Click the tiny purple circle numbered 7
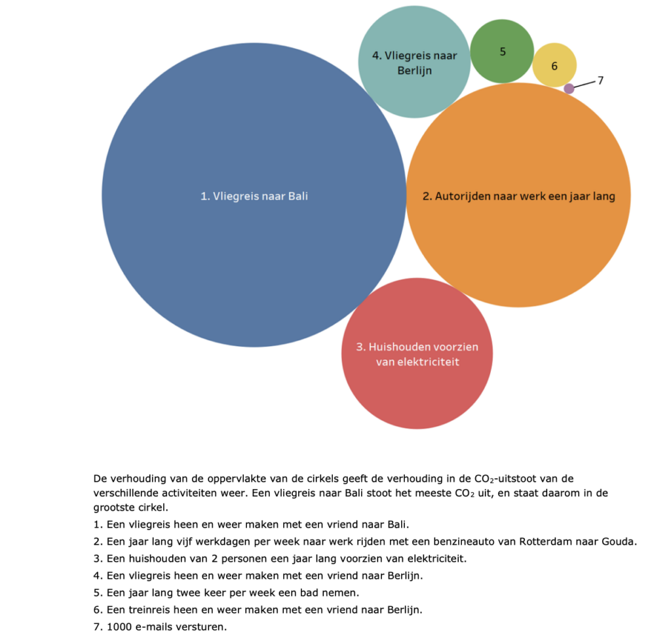[569, 88]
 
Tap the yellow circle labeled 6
[554, 65]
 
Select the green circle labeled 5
[502, 51]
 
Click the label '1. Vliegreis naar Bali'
[254, 196]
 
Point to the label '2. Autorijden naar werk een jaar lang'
[519, 197]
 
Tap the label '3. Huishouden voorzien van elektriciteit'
[417, 355]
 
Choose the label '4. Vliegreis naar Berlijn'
[414, 63]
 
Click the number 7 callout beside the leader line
[600, 81]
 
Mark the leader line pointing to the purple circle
[585, 85]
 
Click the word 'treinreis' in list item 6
[149, 610]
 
